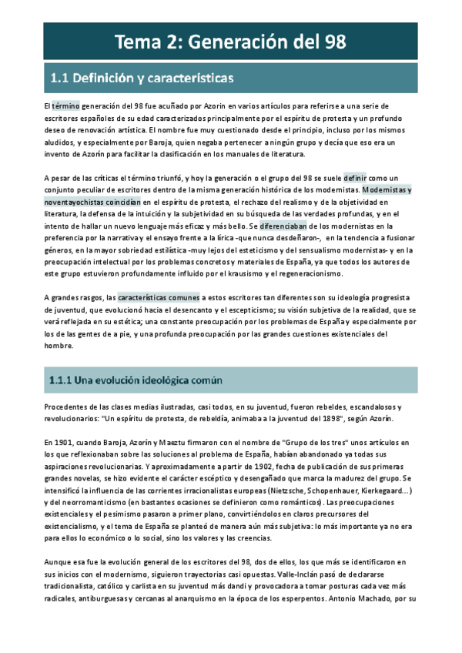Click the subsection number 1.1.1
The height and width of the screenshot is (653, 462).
[x=62, y=380]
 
